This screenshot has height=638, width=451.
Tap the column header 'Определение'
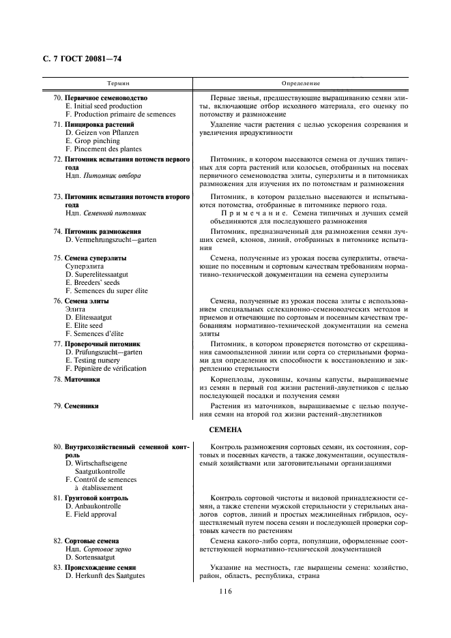(x=301, y=83)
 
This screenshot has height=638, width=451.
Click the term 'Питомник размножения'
(x=98, y=231)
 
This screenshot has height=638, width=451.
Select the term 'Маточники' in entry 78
(x=83, y=378)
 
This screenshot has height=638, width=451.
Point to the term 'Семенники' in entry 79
(x=82, y=406)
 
